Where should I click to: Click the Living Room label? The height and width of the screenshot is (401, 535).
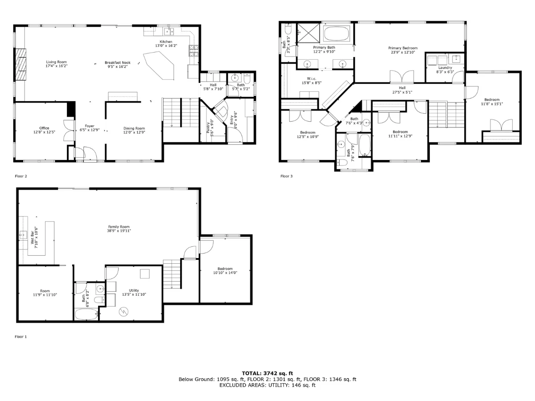pos(56,62)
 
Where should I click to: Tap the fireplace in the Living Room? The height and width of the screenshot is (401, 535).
pos(21,64)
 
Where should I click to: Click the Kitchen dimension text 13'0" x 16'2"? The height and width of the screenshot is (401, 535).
pos(166,46)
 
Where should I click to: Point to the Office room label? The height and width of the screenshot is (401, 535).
pos(44,128)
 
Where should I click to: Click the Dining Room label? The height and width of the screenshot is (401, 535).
pos(134,128)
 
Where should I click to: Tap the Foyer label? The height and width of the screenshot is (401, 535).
pos(90,126)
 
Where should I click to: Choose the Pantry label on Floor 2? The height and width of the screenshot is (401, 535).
pos(208,127)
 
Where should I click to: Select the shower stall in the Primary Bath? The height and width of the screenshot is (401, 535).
pos(309,33)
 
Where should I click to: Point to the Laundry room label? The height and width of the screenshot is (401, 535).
pos(445,68)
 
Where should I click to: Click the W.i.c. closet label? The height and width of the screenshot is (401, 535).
pos(312,79)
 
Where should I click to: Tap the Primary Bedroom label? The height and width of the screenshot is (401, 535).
pos(403,48)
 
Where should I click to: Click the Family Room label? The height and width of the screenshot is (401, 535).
pos(119,227)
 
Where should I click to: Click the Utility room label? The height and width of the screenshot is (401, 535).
pos(134,290)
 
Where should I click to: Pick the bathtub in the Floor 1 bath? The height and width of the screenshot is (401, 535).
pos(86,314)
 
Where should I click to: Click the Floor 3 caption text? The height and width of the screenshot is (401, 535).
pos(286,176)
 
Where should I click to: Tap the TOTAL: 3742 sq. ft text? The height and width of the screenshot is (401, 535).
pos(267,373)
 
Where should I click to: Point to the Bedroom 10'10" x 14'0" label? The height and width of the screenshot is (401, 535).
pos(225,271)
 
